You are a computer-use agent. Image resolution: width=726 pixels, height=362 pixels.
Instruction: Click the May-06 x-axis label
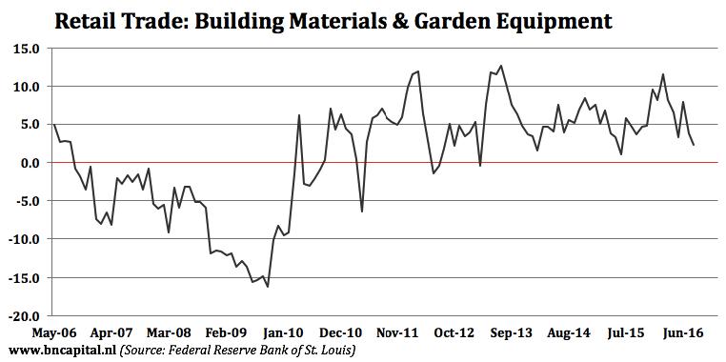coord(52,333)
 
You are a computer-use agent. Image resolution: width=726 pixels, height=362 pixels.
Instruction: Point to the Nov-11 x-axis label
coord(397,333)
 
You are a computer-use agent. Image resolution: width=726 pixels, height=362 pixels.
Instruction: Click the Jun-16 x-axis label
coord(684,333)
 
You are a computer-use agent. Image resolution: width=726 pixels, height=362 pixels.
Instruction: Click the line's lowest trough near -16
coord(268,287)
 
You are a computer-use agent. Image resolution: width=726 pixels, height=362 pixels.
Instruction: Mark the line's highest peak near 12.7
coord(501,66)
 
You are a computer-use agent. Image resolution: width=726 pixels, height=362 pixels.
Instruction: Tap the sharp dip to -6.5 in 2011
coord(362,212)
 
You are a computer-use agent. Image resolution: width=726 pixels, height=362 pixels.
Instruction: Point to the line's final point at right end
coord(694,145)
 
